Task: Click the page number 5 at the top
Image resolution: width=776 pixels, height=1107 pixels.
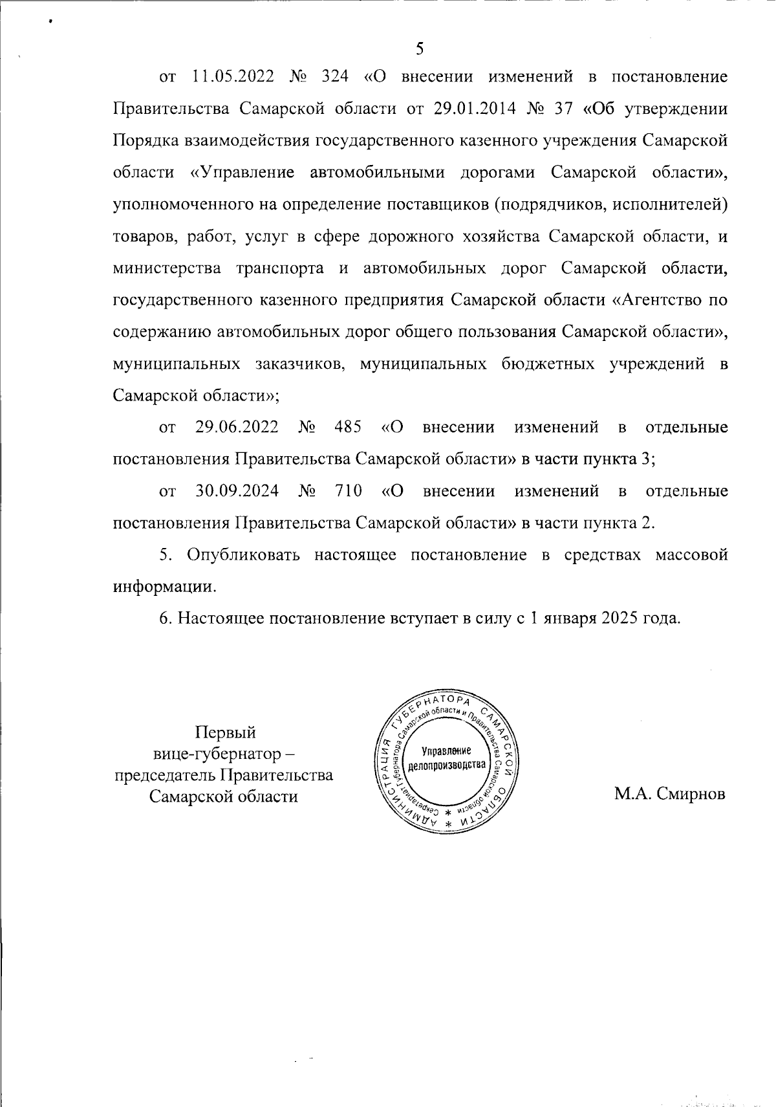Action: [x=419, y=50]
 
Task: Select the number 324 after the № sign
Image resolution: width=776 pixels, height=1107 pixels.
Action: [x=334, y=78]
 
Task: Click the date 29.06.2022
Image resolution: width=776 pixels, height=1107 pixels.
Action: [x=237, y=428]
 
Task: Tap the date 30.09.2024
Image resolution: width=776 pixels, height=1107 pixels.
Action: [x=237, y=491]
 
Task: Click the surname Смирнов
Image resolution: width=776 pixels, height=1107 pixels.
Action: [x=691, y=795]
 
